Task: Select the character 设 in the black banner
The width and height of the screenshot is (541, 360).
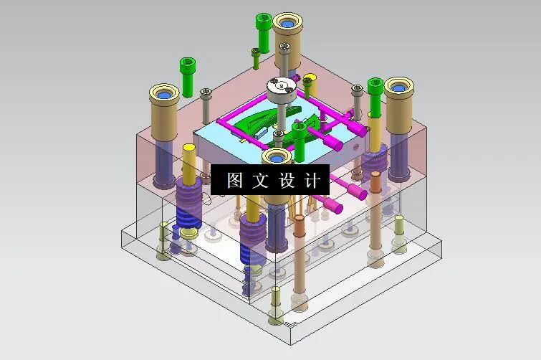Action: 287,180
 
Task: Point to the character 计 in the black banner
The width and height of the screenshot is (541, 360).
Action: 313,180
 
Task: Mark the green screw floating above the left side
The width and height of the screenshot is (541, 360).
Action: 188,75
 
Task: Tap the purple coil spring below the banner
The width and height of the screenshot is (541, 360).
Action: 253,232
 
